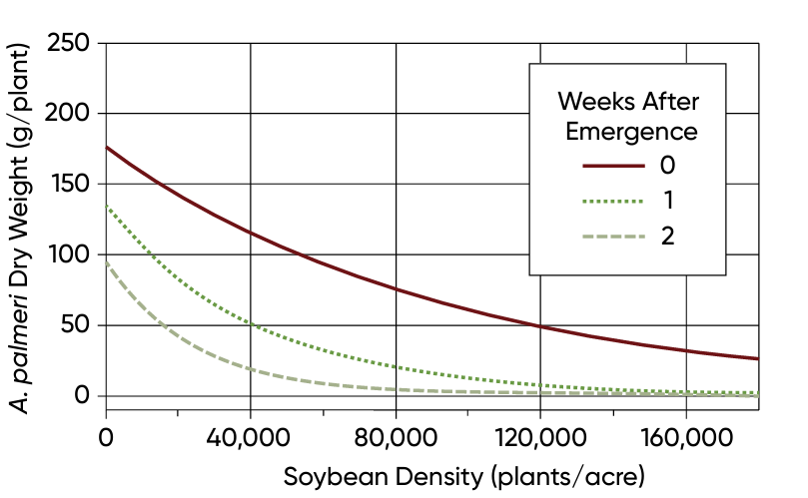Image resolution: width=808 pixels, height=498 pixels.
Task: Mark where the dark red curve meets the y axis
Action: click(x=106, y=147)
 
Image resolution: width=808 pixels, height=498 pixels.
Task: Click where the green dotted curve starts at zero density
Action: click(x=106, y=206)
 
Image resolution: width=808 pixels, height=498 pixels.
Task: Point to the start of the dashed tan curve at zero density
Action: click(x=106, y=261)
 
